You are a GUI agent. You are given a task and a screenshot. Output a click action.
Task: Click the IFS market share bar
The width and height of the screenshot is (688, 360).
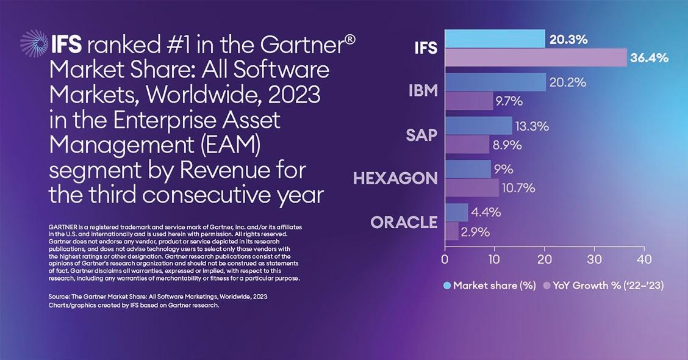click(x=495, y=38)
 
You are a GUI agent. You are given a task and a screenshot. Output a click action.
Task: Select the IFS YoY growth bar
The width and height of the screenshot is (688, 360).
click(x=536, y=58)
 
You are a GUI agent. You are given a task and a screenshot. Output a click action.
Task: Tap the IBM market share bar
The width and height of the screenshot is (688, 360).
click(x=495, y=82)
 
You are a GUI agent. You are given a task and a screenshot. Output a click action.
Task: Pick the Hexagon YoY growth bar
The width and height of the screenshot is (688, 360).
click(x=471, y=188)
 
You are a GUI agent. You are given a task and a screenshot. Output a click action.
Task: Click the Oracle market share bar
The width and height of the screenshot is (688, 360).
click(x=456, y=212)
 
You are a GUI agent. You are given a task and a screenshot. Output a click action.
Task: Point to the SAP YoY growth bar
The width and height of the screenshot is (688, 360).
click(x=467, y=145)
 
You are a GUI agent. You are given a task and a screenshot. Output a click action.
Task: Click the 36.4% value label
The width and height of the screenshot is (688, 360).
click(x=650, y=58)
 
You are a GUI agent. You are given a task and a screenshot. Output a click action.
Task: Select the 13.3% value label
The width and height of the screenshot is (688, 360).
click(x=532, y=126)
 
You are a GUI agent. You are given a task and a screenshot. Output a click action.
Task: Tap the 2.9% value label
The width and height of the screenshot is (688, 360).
click(x=476, y=232)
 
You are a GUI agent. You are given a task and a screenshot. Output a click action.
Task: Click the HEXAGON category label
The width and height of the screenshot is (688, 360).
click(x=395, y=178)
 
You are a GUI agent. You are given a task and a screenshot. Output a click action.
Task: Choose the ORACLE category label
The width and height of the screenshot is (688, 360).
click(x=404, y=222)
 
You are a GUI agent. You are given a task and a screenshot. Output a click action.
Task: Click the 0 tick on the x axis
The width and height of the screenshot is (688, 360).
click(x=445, y=259)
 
